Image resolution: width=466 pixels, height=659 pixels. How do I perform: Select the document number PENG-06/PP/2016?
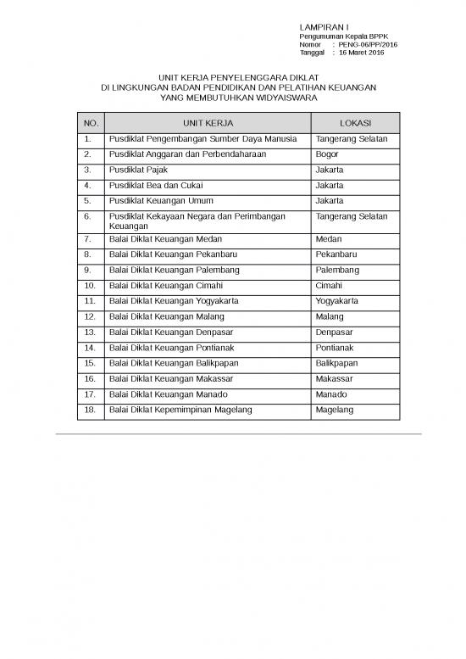(x=368, y=44)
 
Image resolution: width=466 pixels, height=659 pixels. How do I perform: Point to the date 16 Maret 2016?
(x=361, y=53)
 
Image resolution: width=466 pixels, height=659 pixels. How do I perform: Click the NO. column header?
(x=90, y=123)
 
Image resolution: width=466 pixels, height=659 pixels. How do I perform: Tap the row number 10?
(x=90, y=286)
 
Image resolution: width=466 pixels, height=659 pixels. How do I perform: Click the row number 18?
(x=90, y=410)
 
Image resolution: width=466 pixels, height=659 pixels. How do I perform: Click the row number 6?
(x=88, y=217)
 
